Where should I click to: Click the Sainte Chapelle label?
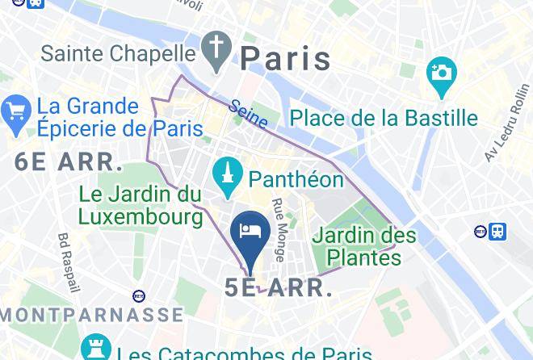pos(118,53)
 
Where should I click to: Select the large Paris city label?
pos(286,58)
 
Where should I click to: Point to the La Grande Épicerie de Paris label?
pos(120,117)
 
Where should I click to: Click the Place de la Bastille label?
pos(384,118)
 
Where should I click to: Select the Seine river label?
pos(248,113)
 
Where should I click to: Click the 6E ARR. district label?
pos(69,161)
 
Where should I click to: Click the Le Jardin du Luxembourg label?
pos(141,205)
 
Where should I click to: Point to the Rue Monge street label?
pos(279,230)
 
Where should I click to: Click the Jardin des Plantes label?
pos(364,247)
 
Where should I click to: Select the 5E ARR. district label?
pos(279,288)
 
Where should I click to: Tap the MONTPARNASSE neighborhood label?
pos(91,314)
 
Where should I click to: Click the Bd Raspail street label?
pos(69,263)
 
